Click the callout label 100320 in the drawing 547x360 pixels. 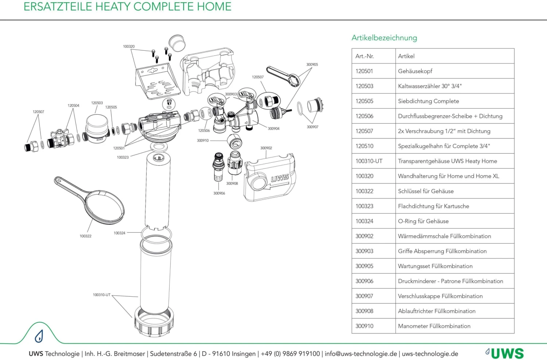tap(129, 47)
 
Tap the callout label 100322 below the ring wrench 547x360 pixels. tap(86, 236)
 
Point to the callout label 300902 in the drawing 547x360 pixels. tap(266, 148)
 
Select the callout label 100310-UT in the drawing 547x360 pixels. tap(101, 295)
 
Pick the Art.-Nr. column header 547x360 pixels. tap(365, 56)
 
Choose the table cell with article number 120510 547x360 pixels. tap(364, 146)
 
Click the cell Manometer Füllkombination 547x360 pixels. tap(434, 326)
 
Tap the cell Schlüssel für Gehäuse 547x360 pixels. tap(426, 191)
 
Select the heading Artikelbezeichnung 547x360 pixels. tap(384, 38)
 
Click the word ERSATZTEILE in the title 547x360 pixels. tap(58, 7)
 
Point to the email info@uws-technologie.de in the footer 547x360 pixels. tap(360, 354)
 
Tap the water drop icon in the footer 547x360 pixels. tap(39, 336)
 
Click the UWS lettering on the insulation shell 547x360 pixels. tap(280, 178)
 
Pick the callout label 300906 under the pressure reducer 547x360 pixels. tap(219, 193)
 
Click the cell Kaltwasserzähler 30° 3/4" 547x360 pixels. tap(430, 86)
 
